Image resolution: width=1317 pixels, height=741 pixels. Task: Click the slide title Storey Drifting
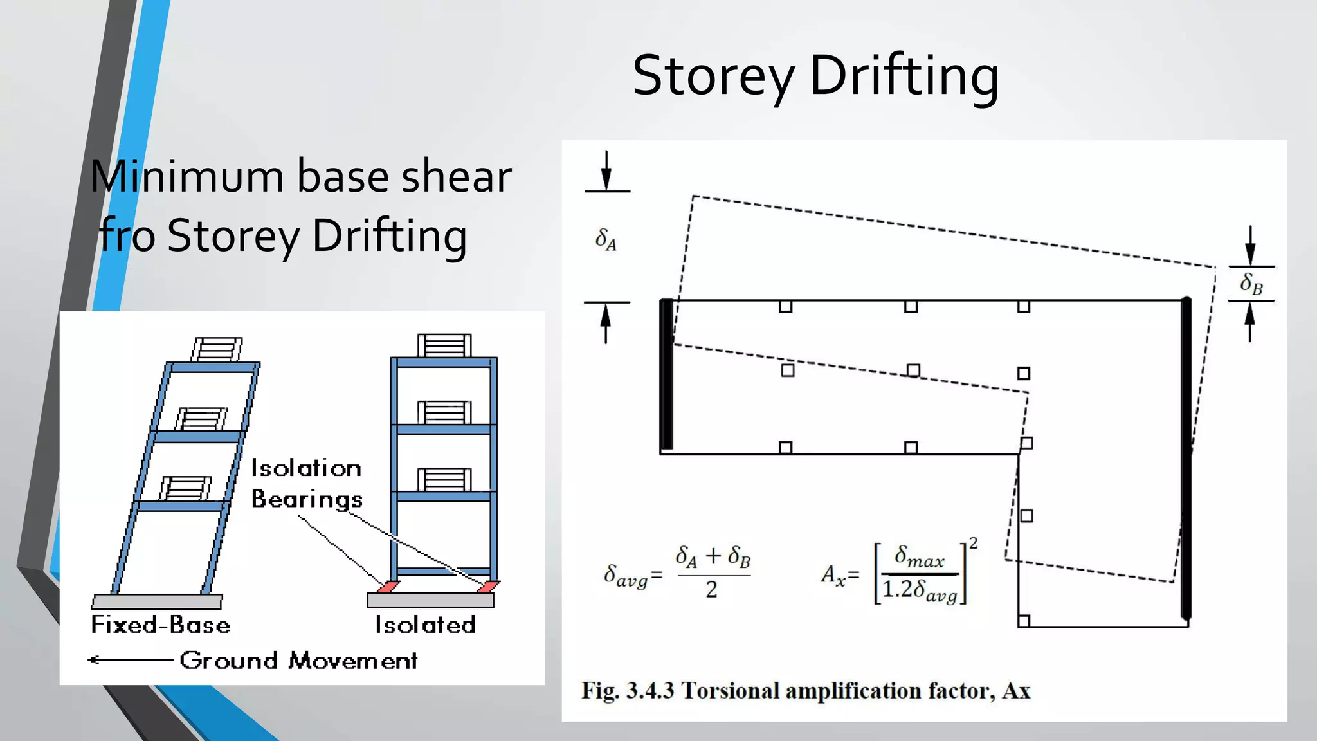pos(815,76)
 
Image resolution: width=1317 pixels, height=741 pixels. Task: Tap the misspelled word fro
pos(127,235)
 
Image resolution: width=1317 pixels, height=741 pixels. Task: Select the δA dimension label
pos(606,239)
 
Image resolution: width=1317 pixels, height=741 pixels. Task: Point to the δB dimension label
pos(1251,284)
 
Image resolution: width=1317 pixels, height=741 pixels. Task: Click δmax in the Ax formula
pos(920,556)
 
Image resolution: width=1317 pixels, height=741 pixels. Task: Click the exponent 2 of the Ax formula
pos(974,544)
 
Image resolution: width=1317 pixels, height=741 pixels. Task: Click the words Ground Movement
pos(298,661)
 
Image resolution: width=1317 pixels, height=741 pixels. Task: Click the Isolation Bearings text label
pos(306,484)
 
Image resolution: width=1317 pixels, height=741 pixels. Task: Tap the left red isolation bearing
pos(388,587)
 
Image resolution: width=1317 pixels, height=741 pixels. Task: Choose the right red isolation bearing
pos(488,587)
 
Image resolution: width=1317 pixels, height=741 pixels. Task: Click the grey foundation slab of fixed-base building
pos(157,602)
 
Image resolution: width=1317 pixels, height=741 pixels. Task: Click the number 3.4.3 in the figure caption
pos(650,691)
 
